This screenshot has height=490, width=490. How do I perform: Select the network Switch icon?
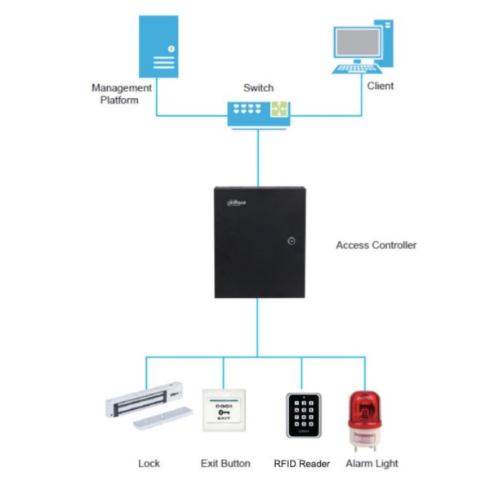tap(258, 111)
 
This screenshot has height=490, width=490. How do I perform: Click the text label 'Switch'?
tap(258, 87)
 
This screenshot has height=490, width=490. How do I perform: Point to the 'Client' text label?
tap(380, 86)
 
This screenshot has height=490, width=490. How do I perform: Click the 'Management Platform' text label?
tap(121, 94)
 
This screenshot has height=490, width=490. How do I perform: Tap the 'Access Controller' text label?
tap(376, 245)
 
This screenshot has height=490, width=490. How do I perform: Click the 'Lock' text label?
tap(149, 464)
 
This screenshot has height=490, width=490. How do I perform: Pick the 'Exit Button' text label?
tap(225, 464)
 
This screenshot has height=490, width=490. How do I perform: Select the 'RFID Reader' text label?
tap(301, 464)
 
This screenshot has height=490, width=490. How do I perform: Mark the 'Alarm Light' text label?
tap(371, 464)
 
